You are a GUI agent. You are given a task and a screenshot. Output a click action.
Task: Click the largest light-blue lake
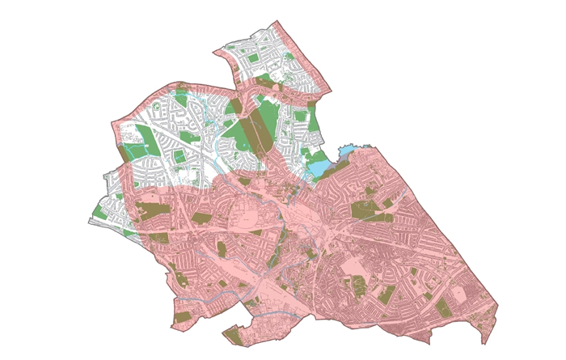pyautogui.click(x=319, y=168)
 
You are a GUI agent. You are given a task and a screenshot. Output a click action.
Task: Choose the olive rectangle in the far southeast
pyautogui.click(x=444, y=308)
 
